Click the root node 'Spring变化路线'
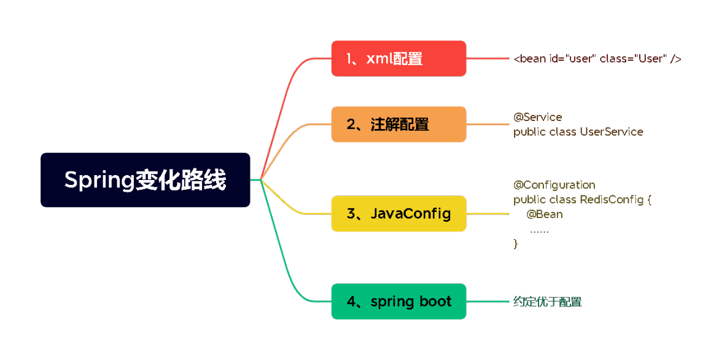(146, 180)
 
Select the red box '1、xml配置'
(398, 58)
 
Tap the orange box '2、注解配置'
(398, 124)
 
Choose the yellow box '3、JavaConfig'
(398, 214)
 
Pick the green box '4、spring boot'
(398, 302)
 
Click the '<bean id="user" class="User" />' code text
(597, 59)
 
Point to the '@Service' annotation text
(537, 117)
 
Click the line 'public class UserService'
(578, 131)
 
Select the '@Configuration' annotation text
(554, 185)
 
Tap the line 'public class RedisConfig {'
(582, 200)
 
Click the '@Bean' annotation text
(544, 214)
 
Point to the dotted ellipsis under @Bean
(539, 230)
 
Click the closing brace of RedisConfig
(516, 244)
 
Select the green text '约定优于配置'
(547, 302)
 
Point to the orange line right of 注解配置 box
(488, 124)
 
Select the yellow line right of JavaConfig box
(488, 214)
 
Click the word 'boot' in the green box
(435, 302)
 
